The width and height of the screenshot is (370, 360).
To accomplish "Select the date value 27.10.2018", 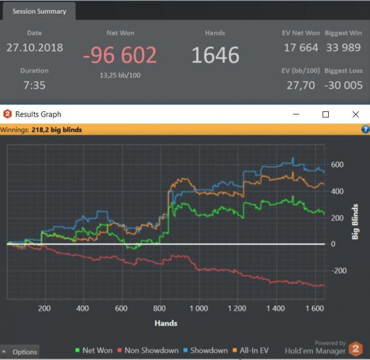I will pos(34,48).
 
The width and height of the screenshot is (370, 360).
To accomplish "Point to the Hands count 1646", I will pos(215,55).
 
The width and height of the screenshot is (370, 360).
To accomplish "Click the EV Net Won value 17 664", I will pos(301,48).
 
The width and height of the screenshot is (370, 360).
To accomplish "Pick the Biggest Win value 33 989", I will pos(344,48).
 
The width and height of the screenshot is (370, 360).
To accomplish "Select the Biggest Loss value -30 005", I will pos(344,85).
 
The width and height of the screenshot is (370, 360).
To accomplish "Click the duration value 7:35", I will pos(34,85).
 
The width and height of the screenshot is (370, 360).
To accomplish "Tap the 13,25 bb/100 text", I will pos(120,75).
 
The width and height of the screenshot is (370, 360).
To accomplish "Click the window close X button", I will pos(355,114).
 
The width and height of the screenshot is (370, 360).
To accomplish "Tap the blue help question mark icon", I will pos(365,129).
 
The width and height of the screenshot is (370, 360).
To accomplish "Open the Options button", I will pos(20,352).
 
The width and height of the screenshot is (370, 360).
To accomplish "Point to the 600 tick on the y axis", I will pos(337,165).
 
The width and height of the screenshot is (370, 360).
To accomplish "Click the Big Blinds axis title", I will pos(355,222).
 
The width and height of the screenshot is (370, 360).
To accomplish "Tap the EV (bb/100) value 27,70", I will pos(301,85).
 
